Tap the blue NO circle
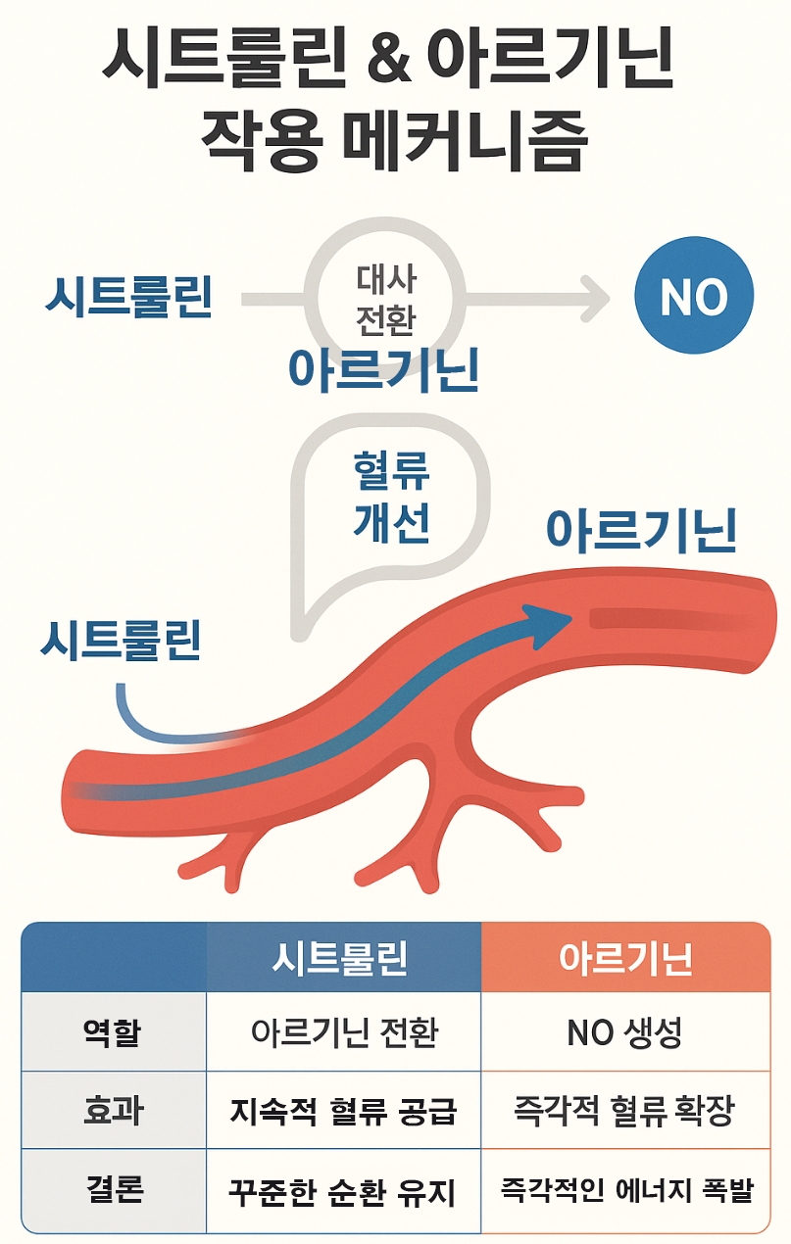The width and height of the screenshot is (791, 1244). (694, 297)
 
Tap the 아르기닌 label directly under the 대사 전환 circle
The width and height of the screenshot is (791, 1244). (384, 369)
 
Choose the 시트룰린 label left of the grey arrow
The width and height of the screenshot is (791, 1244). (128, 297)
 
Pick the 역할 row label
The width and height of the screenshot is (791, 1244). (113, 1031)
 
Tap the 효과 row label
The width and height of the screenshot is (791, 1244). (113, 1110)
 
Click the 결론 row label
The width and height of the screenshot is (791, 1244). (113, 1189)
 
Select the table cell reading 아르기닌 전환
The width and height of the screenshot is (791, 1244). (344, 1032)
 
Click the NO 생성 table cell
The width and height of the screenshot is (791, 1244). (625, 1032)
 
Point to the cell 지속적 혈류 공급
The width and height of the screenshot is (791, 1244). (344, 1111)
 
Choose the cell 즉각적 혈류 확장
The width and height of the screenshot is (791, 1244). (625, 1111)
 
